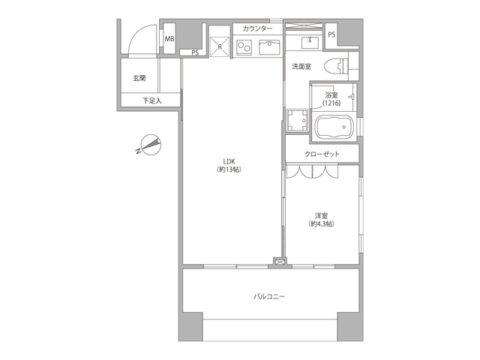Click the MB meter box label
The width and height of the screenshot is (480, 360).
click(x=169, y=39)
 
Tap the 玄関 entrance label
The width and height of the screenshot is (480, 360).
click(x=139, y=78)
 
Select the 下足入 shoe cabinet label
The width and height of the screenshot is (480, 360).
click(x=152, y=100)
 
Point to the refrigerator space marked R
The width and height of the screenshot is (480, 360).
click(x=220, y=46)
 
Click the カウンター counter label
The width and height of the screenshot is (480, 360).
click(x=257, y=29)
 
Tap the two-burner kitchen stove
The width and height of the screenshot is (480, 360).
click(x=244, y=47)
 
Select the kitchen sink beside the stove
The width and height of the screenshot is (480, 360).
click(x=269, y=47)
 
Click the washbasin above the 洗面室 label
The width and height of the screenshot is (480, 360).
click(x=310, y=43)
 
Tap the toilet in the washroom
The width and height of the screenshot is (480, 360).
click(x=337, y=66)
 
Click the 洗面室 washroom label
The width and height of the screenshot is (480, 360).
click(x=301, y=67)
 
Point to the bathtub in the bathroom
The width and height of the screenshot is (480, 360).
click(x=334, y=127)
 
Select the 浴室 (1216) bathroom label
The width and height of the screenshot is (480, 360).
click(x=331, y=99)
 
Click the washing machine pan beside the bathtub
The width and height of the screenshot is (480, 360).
click(x=297, y=120)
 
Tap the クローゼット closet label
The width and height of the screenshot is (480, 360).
click(x=322, y=154)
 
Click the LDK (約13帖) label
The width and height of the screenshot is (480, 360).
click(x=229, y=165)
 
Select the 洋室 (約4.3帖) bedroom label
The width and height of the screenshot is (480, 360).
click(x=321, y=220)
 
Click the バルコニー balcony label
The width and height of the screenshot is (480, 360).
click(x=269, y=296)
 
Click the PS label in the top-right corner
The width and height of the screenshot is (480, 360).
click(x=331, y=35)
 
